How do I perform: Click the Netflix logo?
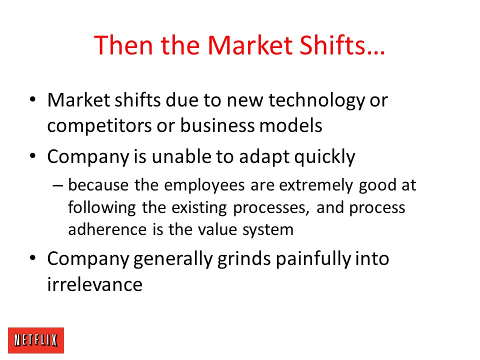click(x=36, y=340)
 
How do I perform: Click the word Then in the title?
click(x=123, y=45)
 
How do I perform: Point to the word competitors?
click(x=99, y=126)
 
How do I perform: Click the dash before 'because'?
click(x=58, y=185)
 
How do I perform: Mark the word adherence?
click(x=107, y=229)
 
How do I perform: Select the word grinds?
click(x=244, y=259)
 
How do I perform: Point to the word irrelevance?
click(x=95, y=284)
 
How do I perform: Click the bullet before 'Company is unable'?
click(x=33, y=156)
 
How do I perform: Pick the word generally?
click(x=173, y=259)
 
